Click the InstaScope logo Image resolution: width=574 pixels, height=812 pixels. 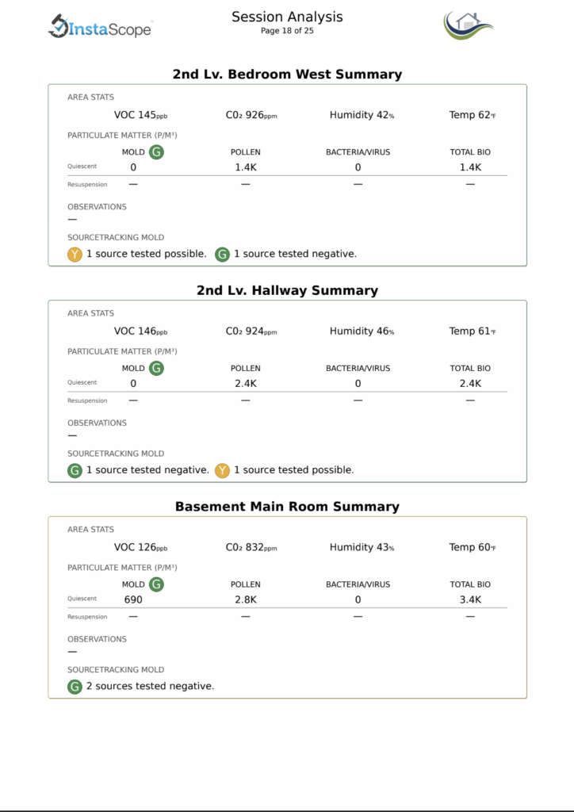[x=100, y=27]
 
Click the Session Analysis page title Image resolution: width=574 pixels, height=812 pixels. [x=287, y=17]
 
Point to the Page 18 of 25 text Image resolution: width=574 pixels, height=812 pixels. [x=287, y=31]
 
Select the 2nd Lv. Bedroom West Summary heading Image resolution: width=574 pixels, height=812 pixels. [x=287, y=75]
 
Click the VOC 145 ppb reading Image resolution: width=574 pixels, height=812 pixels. [x=140, y=115]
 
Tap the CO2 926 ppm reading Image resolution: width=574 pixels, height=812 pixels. [x=251, y=115]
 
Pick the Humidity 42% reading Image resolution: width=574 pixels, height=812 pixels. [x=362, y=115]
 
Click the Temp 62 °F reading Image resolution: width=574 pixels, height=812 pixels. [x=472, y=115]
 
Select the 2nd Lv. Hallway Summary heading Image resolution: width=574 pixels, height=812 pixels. [x=287, y=290]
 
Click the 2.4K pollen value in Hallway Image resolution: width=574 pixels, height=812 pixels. [x=246, y=384]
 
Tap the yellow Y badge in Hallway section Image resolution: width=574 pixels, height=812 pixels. [x=223, y=470]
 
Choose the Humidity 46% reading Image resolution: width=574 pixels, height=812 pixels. [x=362, y=331]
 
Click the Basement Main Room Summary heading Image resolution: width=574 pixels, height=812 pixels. [x=287, y=507]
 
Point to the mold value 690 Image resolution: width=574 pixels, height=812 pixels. [x=133, y=600]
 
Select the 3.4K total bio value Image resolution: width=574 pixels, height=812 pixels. [x=470, y=600]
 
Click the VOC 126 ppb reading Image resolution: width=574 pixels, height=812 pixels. [x=140, y=547]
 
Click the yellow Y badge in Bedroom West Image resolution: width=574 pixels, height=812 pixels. [x=75, y=255]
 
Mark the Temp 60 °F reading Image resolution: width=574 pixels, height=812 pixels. [x=472, y=547]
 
